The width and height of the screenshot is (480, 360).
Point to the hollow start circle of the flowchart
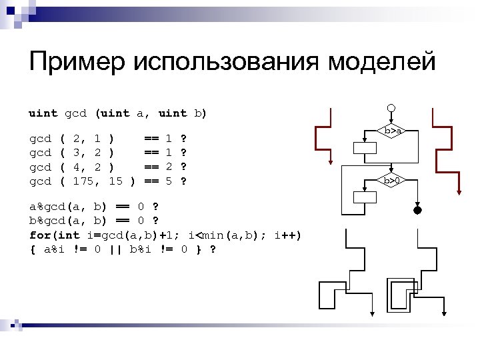click(392, 108)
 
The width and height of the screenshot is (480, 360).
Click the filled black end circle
click(417, 211)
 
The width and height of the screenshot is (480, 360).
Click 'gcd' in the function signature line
click(75, 113)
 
